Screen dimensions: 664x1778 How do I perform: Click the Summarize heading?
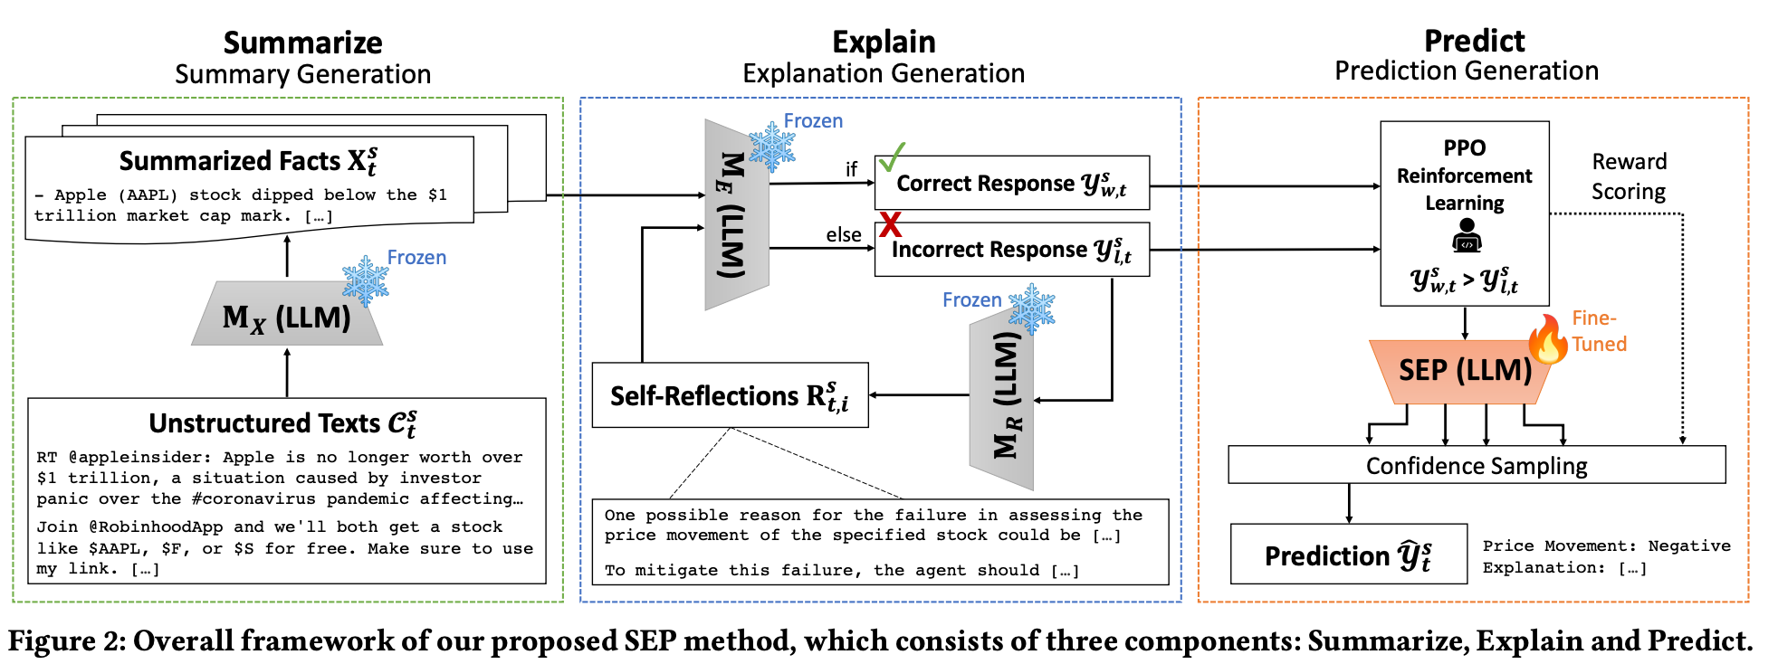pyautogui.click(x=302, y=43)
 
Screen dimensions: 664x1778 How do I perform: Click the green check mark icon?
pyautogui.click(x=891, y=157)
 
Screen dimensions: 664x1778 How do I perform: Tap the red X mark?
pyautogui.click(x=891, y=224)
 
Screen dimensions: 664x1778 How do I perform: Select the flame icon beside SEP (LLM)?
pyautogui.click(x=1548, y=339)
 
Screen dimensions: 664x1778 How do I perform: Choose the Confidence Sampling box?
pyautogui.click(x=1477, y=465)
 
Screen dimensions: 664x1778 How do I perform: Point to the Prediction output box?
pyautogui.click(x=1348, y=554)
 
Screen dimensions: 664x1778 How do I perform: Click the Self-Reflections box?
pyautogui.click(x=730, y=395)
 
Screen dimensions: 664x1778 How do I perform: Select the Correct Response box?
pyautogui.click(x=1011, y=183)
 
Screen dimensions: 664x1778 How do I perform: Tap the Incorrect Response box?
pyautogui.click(x=1011, y=250)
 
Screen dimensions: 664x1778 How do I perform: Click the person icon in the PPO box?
pyautogui.click(x=1466, y=237)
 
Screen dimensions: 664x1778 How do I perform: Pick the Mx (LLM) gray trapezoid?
pyautogui.click(x=286, y=317)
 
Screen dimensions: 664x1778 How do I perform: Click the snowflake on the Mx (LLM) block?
pyautogui.click(x=366, y=280)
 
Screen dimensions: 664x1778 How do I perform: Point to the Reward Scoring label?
pyautogui.click(x=1629, y=176)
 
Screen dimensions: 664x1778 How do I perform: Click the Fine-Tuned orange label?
pyautogui.click(x=1599, y=331)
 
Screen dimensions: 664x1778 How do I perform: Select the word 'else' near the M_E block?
pyautogui.click(x=843, y=235)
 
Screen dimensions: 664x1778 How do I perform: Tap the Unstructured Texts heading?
pyautogui.click(x=282, y=423)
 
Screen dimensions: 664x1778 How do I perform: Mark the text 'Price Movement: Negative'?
pyautogui.click(x=1606, y=545)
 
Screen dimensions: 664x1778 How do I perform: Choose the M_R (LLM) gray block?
pyautogui.click(x=1002, y=395)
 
